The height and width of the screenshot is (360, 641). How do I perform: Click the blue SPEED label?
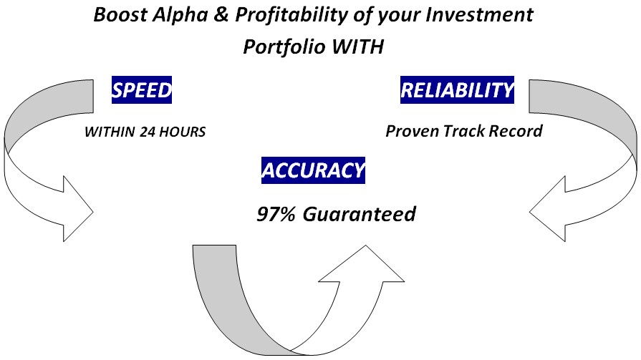point(141,90)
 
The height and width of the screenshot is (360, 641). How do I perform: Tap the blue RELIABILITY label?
point(457,90)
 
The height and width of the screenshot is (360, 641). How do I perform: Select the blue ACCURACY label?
point(313,170)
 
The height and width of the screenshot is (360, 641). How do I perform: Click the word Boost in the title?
point(120,15)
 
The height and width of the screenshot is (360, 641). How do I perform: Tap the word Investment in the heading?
point(479,15)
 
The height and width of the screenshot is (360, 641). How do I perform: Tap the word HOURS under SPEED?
point(182,132)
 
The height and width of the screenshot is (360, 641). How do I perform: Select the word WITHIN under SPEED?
point(110,132)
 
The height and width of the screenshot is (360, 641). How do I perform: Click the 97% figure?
point(276,214)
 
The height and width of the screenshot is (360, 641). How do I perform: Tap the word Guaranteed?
point(359,214)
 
